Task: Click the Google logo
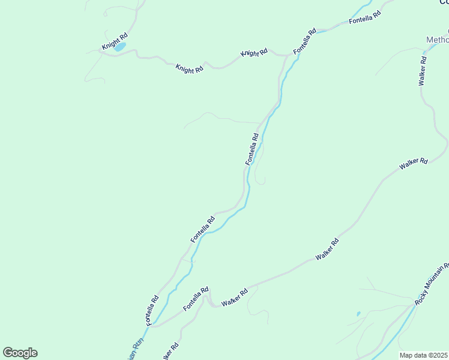click(x=20, y=353)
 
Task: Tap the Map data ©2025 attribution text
click(x=423, y=355)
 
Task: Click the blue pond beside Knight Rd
click(x=120, y=47)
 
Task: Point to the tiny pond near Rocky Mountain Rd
click(x=358, y=313)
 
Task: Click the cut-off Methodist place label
click(x=437, y=40)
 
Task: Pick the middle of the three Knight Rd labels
click(x=189, y=68)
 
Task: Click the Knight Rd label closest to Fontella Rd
click(x=254, y=53)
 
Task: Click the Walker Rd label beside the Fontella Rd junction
click(x=235, y=298)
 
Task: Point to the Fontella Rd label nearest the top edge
click(x=365, y=17)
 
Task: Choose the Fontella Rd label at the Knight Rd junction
click(x=304, y=42)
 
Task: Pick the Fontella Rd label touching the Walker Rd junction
click(x=196, y=298)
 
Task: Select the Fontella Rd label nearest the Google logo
click(x=151, y=310)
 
